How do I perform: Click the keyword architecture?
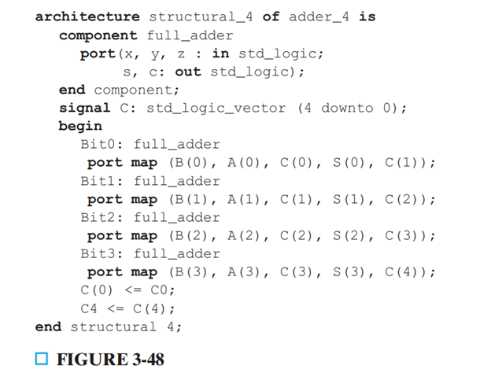tap(87, 17)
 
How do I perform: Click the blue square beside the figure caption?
tap(42, 359)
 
